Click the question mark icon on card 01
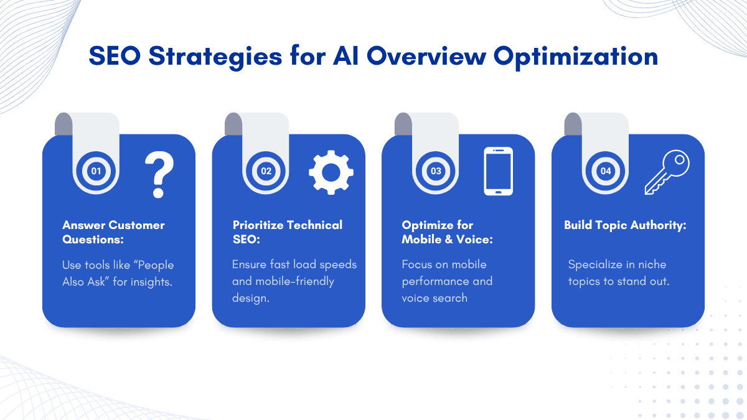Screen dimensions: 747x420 pos(159,174)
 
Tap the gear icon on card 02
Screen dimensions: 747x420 pos(331,172)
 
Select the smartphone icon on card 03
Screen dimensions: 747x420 pos(498,171)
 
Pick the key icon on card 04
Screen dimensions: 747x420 pos(667,172)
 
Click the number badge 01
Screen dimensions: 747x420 pos(96,171)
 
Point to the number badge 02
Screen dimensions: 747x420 pos(266,171)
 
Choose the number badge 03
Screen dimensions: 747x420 pos(436,171)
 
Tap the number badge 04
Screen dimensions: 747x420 pos(606,171)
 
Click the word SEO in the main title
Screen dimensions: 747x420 pos(115,55)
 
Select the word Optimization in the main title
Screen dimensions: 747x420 pos(576,57)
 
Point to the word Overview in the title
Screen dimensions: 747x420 pos(426,55)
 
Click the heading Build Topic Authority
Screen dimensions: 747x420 pos(625,226)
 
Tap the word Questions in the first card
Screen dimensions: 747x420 pos(93,240)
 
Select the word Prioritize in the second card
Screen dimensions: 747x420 pos(258,225)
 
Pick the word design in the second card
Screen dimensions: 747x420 pos(250,298)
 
